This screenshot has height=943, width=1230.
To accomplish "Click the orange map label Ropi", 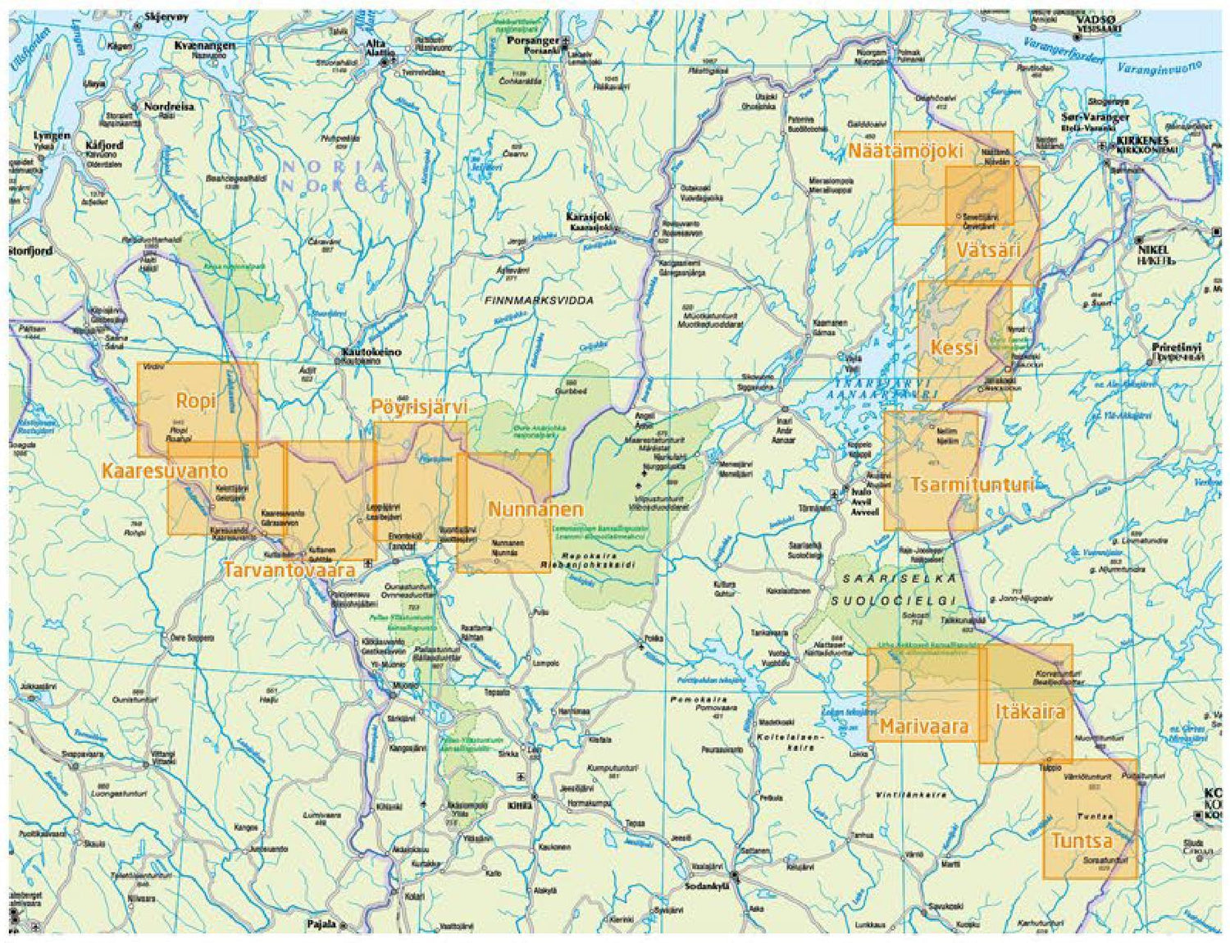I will point(196,400).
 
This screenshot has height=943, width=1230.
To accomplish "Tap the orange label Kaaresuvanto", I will point(164,471).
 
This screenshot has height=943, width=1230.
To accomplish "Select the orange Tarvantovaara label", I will point(289,569).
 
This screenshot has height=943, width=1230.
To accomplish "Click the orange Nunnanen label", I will point(535,509).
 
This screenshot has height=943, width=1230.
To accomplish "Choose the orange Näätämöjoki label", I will point(905,152).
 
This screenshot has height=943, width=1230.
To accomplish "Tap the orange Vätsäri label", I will point(988,250).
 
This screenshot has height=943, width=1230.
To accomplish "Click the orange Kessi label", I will point(954,348).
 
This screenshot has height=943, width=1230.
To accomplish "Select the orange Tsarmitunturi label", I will point(972,485).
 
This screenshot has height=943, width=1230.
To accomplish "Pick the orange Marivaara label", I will point(924,727).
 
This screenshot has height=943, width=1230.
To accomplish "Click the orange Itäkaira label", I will point(1030,711).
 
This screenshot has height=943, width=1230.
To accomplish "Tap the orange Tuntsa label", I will point(1082,840).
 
